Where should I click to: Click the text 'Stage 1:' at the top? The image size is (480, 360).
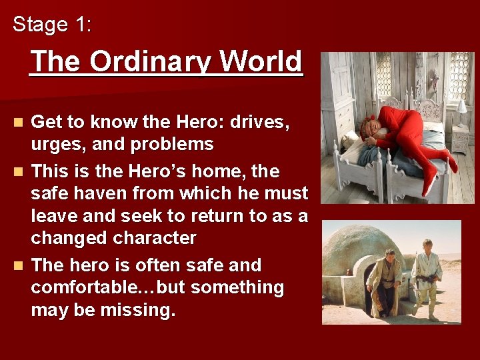tap(53, 25)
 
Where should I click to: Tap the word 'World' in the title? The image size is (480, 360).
tap(261, 61)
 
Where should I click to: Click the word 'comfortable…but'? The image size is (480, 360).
tap(102, 287)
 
